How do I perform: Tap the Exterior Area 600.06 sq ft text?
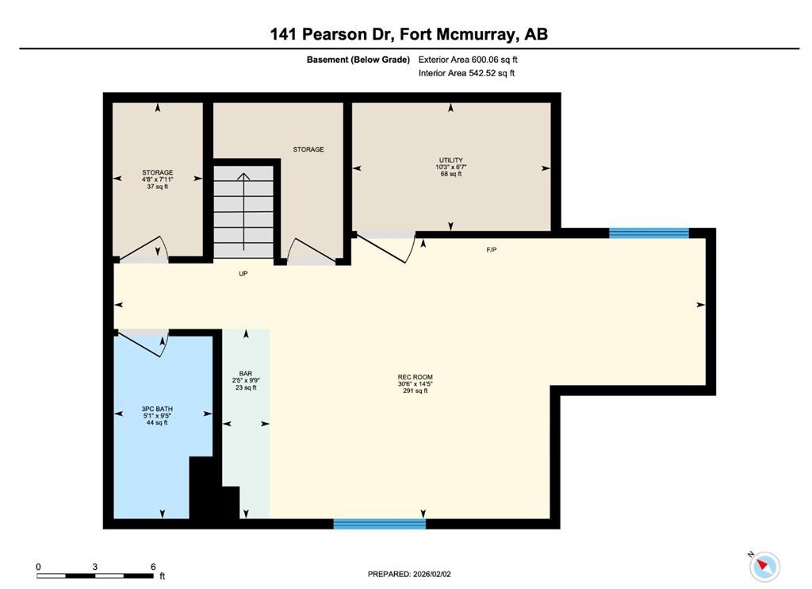(469, 60)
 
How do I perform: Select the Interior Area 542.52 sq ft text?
(466, 74)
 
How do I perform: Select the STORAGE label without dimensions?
(308, 149)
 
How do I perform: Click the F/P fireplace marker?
(492, 249)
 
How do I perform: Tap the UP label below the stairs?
(244, 273)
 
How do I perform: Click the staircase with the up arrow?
(245, 210)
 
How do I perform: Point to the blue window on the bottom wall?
(379, 524)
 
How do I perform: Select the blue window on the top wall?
(649, 233)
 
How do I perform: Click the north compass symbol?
(764, 566)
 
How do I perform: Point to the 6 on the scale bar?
(152, 567)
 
